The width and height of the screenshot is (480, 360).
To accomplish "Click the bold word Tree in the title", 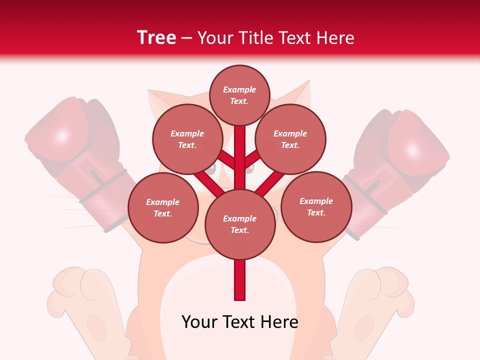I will pyautogui.click(x=156, y=38).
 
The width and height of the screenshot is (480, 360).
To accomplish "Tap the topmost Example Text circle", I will pyautogui.click(x=239, y=95).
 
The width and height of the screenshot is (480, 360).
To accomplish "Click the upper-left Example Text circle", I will pyautogui.click(x=187, y=139).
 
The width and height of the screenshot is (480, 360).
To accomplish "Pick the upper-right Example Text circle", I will pyautogui.click(x=290, y=139).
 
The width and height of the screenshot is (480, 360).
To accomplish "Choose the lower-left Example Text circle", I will pyautogui.click(x=163, y=208).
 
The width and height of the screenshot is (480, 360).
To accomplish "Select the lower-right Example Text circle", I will pyautogui.click(x=316, y=206).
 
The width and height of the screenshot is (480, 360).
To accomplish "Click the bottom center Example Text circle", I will pyautogui.click(x=240, y=224).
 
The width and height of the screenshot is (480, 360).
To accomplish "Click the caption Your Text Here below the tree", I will pyautogui.click(x=240, y=322).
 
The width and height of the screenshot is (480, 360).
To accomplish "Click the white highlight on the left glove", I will pyautogui.click(x=62, y=136).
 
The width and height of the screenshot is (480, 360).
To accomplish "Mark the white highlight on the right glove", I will pyautogui.click(x=412, y=149).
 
